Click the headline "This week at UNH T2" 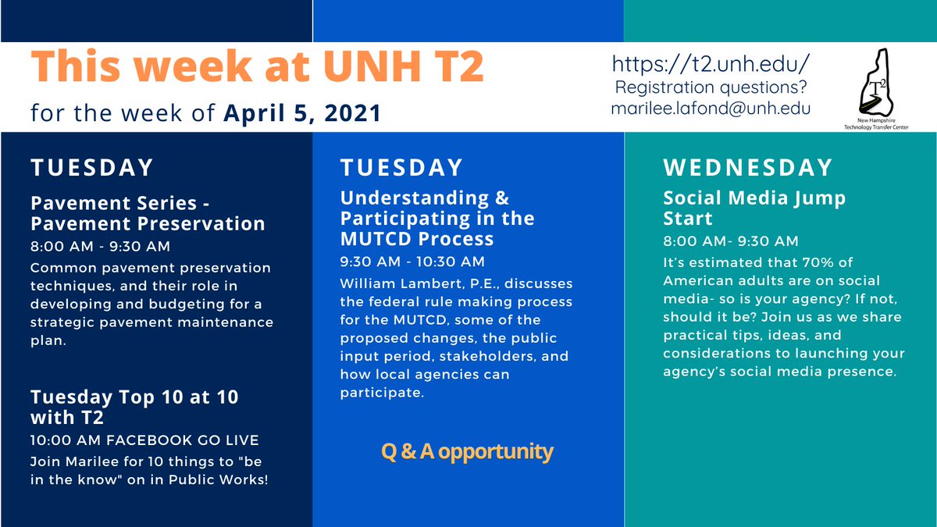tap(258, 69)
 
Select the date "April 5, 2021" tap(302, 113)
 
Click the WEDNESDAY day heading tap(748, 168)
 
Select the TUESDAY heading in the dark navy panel tap(92, 168)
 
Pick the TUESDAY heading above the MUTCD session tap(401, 168)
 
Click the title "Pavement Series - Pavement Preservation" tap(148, 213)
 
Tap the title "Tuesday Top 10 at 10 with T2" tap(134, 407)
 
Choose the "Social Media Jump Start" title tap(754, 207)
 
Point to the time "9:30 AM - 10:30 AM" tap(412, 262)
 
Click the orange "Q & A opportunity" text tap(467, 451)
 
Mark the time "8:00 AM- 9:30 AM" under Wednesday tap(731, 241)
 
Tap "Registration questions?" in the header tap(711, 87)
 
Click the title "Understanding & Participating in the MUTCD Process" tap(437, 217)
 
